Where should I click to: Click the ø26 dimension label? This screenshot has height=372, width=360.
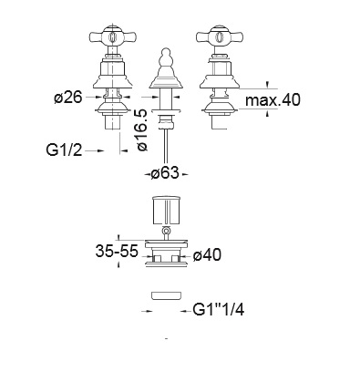tap(68, 98)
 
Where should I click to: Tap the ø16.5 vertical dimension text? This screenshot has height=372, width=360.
tap(142, 130)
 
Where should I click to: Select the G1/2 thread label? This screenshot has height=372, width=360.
tap(64, 150)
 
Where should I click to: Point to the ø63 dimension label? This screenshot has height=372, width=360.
tap(166, 173)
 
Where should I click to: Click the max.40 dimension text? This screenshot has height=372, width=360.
tap(273, 99)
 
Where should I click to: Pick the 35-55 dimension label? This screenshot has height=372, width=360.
tap(117, 251)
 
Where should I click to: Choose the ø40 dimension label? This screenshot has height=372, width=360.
tap(207, 254)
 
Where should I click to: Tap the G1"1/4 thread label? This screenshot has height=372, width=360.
tap(219, 310)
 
